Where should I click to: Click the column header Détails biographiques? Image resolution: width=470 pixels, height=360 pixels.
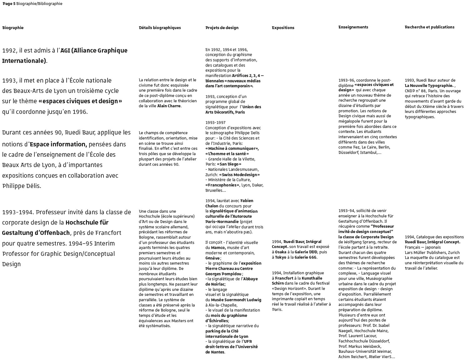160,28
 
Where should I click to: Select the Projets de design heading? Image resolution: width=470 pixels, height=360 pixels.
222,28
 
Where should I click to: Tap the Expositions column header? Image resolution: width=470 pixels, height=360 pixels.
283,28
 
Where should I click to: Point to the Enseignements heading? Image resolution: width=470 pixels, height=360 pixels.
353,27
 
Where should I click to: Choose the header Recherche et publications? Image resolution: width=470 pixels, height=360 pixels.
429,27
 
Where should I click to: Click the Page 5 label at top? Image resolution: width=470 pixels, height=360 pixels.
9,3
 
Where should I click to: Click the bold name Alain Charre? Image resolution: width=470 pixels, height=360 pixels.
169,106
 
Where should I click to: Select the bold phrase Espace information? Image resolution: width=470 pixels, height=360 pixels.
58,144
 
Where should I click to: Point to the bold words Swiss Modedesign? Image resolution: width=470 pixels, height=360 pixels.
239,175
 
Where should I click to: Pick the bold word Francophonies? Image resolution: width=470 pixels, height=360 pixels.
222,185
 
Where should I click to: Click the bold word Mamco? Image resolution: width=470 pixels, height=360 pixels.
218,247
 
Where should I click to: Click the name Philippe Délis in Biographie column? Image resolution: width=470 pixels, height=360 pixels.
21,186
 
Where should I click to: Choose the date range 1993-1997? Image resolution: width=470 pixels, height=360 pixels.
215,122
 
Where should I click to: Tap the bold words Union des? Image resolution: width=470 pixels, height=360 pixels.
252,107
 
